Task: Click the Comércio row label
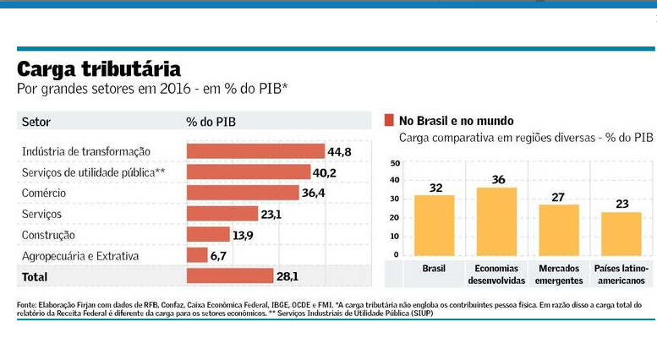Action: [x=45, y=193]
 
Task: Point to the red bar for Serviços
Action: [x=222, y=214]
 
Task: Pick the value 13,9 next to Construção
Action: [x=243, y=234]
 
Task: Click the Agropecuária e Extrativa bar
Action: [x=197, y=255]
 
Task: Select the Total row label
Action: [x=36, y=276]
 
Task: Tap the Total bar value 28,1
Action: [x=289, y=276]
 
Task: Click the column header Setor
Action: [x=36, y=122]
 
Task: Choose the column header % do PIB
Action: [x=211, y=122]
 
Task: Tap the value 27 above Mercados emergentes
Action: [x=559, y=196]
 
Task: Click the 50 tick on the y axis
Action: [x=395, y=162]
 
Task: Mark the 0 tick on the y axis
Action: [x=396, y=254]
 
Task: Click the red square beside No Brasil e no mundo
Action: [x=390, y=120]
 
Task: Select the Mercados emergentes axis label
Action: [x=559, y=274]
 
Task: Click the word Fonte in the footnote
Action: [x=26, y=304]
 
